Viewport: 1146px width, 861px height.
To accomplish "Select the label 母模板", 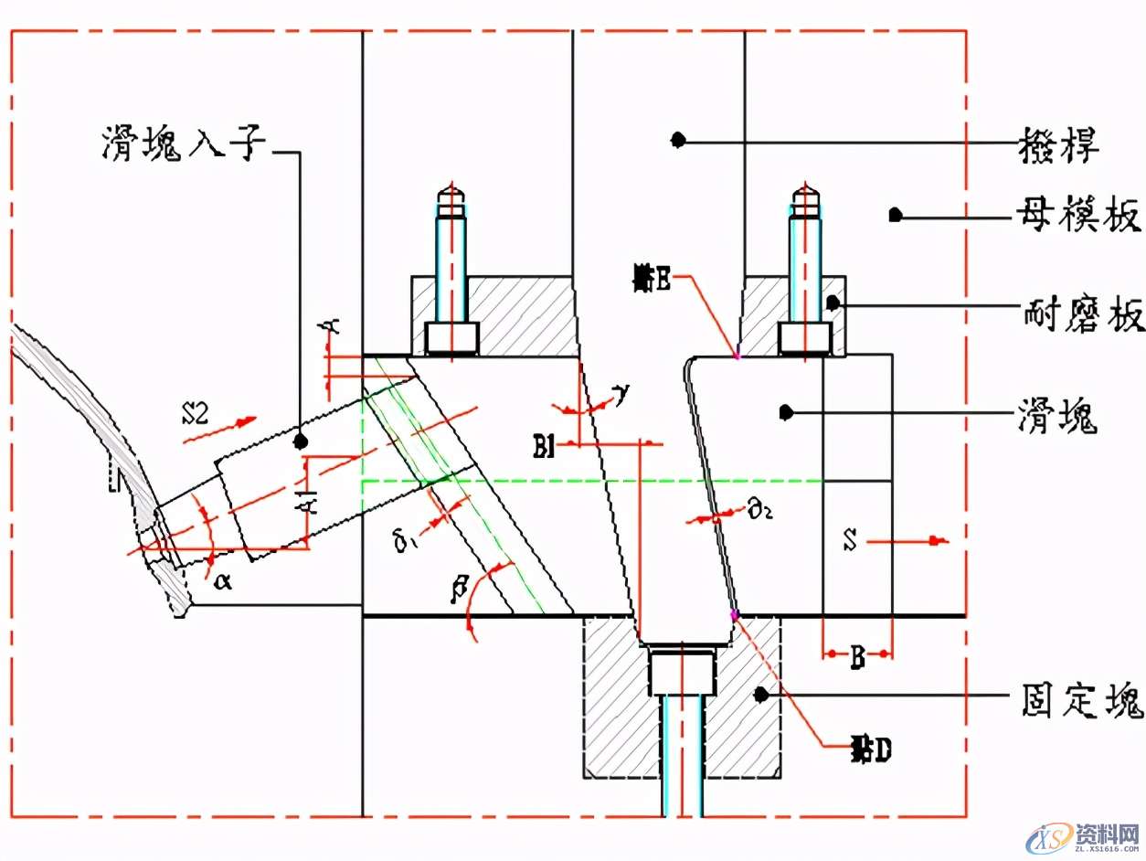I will (x=1078, y=218).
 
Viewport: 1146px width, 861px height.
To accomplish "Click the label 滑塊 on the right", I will (x=1057, y=418).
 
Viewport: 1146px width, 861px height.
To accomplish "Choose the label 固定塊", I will (x=1079, y=701).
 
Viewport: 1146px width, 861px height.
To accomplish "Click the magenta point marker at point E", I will (x=737, y=356).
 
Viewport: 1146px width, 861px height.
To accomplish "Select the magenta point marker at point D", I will (x=733, y=614).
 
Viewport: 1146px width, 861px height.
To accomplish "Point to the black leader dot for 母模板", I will (x=896, y=216).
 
